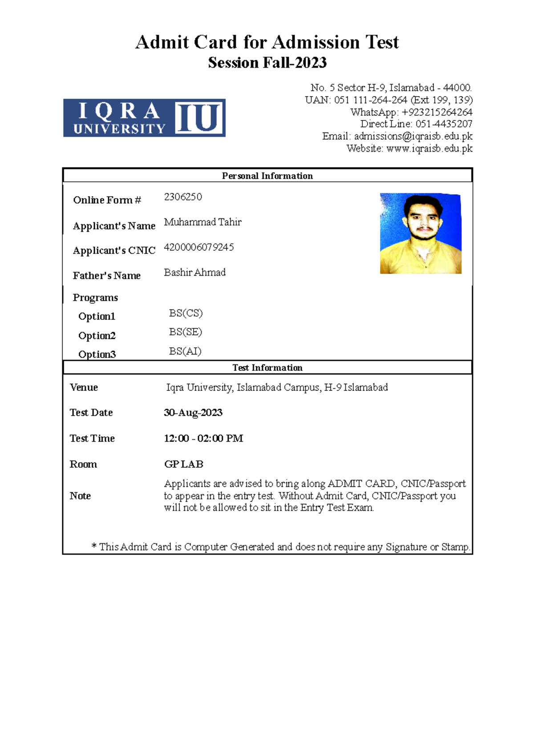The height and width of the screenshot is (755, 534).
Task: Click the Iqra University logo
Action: click(x=144, y=118)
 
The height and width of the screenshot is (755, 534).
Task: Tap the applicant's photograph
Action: click(x=421, y=233)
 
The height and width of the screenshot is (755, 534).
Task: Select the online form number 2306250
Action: click(x=183, y=197)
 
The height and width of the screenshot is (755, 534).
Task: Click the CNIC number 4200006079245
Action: click(x=198, y=247)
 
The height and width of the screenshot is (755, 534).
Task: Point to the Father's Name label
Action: click(x=107, y=276)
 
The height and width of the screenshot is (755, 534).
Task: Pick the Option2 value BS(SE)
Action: click(x=186, y=332)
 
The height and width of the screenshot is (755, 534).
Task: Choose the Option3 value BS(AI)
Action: click(x=185, y=351)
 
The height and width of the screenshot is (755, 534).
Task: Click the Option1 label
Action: click(x=97, y=317)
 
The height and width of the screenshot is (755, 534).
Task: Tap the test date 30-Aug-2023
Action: click(x=193, y=413)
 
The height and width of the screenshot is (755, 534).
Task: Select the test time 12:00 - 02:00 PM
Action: click(x=203, y=438)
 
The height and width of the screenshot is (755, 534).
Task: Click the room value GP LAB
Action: click(x=184, y=464)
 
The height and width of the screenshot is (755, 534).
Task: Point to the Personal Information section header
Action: click(x=267, y=176)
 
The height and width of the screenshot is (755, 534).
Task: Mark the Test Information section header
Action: click(x=267, y=368)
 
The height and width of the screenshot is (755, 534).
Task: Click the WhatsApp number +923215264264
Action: click(x=437, y=112)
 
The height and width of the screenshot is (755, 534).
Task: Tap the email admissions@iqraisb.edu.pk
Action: click(x=413, y=137)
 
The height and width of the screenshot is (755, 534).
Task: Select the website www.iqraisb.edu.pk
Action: click(x=429, y=149)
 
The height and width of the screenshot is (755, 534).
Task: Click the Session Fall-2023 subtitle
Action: click(x=267, y=63)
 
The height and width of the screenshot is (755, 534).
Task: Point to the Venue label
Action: click(x=84, y=387)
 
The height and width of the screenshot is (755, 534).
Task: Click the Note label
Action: click(x=80, y=496)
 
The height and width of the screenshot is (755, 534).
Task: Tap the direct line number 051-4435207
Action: click(x=444, y=124)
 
